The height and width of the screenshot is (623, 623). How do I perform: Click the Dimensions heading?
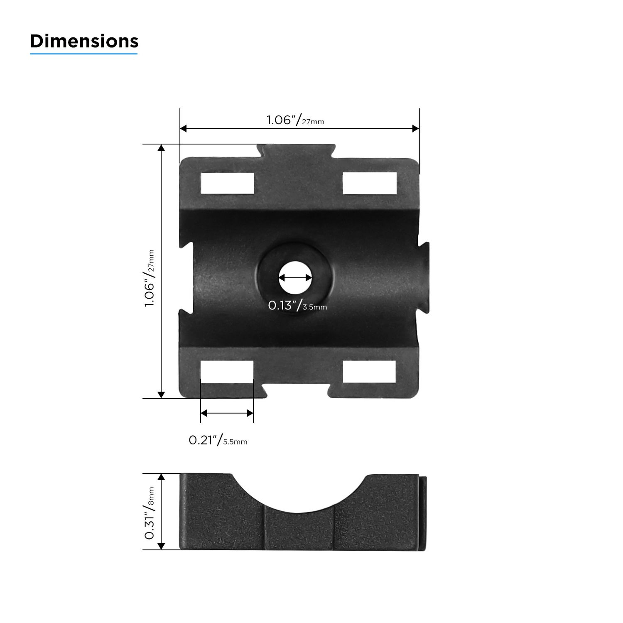coord(84,41)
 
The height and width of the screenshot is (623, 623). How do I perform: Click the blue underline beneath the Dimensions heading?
coord(83,53)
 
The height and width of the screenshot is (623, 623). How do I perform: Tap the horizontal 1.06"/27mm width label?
coord(295,120)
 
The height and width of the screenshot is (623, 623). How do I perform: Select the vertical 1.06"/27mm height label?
coord(150,278)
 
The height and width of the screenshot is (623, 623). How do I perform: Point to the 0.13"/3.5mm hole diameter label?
coord(297,306)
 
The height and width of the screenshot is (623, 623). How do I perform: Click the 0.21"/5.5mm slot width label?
coord(218,440)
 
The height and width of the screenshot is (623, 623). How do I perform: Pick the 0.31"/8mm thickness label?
coord(150,513)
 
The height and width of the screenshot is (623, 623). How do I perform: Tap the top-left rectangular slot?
coord(227,183)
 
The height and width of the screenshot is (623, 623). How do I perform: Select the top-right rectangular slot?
coord(369,183)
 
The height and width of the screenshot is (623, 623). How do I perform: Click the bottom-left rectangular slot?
coord(227,371)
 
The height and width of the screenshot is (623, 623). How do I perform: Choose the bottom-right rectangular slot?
coord(369,371)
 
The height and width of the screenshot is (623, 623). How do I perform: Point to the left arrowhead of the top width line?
coord(184,129)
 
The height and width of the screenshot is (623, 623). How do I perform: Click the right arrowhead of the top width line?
coord(415,129)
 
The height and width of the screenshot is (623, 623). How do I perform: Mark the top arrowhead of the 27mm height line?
coord(162,148)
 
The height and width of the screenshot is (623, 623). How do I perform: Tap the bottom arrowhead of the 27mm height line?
coord(162,395)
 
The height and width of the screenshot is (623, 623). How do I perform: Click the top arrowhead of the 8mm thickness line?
coord(162,477)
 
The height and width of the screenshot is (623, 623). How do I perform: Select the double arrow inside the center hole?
coord(295,278)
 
